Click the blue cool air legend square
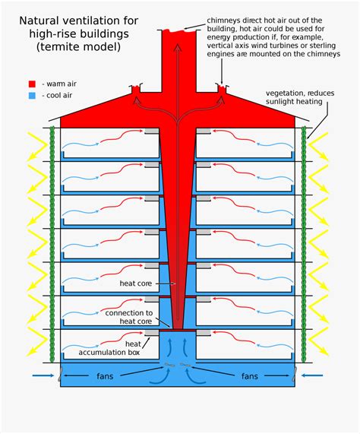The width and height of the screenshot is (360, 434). pos(33,96)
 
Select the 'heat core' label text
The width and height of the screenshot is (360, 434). pos(137,284)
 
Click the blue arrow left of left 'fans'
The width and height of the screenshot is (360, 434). pos(43,375)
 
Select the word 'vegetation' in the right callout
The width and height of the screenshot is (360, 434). pos(287,93)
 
